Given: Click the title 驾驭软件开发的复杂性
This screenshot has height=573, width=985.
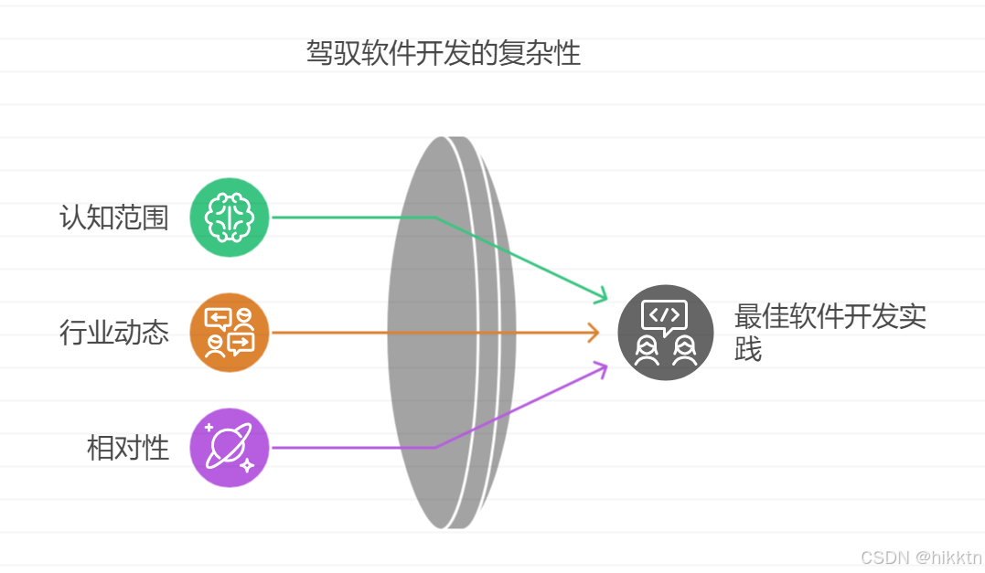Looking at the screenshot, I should [443, 53].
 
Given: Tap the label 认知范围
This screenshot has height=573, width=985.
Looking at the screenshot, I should [114, 218].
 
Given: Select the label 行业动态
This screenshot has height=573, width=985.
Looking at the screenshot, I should [114, 333].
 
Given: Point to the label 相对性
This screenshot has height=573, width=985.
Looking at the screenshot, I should [128, 448].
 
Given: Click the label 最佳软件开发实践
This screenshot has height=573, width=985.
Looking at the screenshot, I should [830, 332].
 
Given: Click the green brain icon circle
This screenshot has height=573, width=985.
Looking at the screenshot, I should [229, 218].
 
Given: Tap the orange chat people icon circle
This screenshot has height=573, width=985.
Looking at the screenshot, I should [229, 333].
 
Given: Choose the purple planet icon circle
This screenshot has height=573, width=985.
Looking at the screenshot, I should [229, 448].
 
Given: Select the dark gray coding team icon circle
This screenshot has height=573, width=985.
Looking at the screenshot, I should [665, 333].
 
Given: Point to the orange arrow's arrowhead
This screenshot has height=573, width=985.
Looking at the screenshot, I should [594, 333].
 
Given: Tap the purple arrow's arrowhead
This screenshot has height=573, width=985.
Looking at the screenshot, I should [602, 367].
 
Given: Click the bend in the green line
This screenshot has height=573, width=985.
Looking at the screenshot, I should [434, 218].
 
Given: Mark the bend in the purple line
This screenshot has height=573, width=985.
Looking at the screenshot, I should [434, 448].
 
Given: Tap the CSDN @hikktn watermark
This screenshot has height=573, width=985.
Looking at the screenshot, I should [920, 557].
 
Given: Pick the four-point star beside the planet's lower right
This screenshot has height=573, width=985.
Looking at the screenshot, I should [247, 466].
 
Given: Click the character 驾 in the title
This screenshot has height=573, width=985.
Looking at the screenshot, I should [319, 53].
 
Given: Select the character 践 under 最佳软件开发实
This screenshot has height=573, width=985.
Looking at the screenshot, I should [747, 350].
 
